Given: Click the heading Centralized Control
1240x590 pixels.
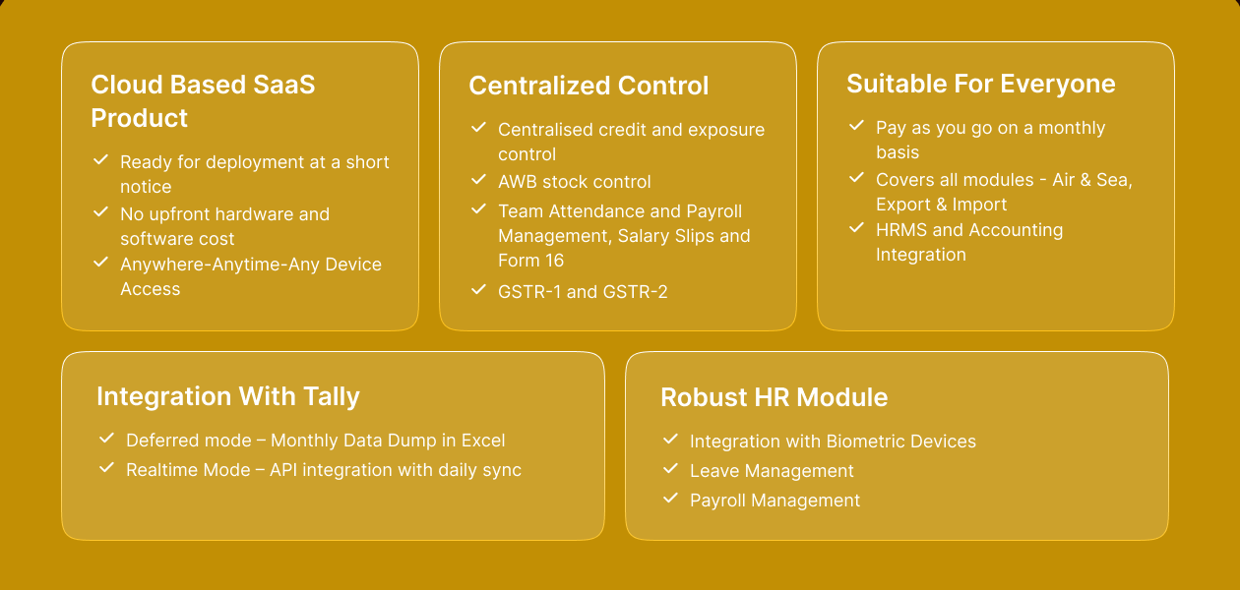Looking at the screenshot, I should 589,86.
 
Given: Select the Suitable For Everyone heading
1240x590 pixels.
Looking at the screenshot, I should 980,84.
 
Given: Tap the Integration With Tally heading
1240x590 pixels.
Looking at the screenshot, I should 227,396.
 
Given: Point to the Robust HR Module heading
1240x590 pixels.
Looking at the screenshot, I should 774,397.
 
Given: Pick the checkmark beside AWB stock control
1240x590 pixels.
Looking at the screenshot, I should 478,180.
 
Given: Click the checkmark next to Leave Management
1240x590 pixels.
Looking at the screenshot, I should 670,469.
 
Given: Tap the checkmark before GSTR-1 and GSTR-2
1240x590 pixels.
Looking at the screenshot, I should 478,289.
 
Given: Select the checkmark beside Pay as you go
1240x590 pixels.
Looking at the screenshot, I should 856,126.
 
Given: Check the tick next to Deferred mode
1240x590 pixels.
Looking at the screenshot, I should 106,439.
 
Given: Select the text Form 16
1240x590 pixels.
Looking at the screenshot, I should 530,261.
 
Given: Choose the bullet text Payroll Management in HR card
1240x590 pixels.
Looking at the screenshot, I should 775,501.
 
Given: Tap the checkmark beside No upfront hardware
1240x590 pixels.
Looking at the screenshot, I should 100,211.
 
